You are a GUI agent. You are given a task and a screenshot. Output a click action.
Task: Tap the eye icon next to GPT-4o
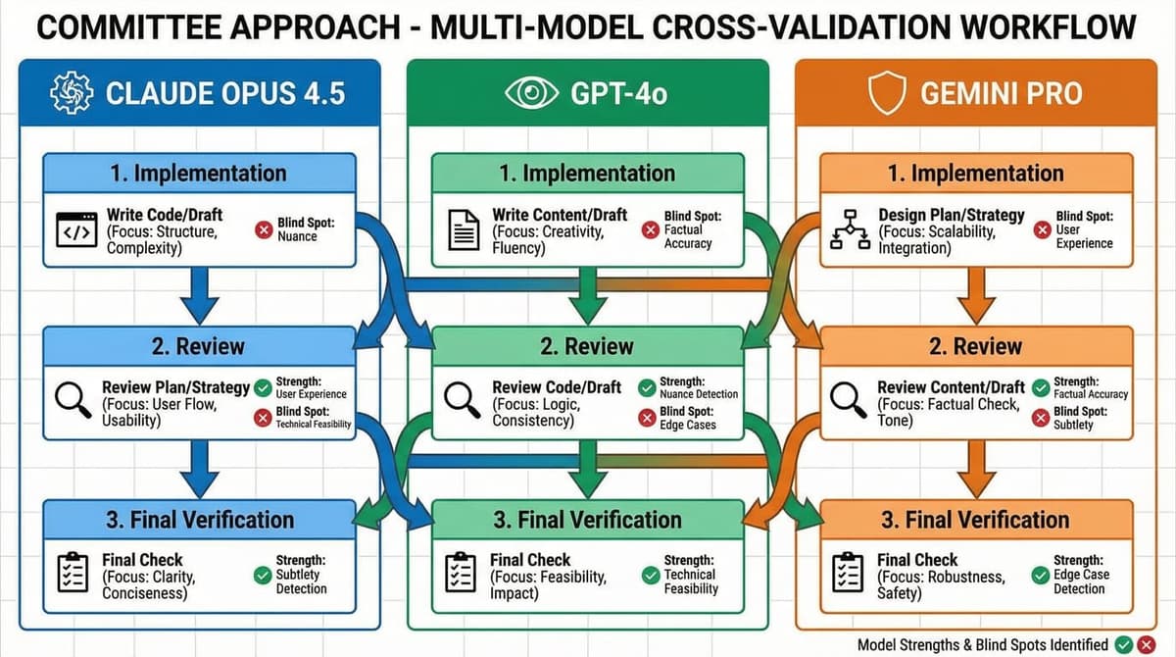click(530, 94)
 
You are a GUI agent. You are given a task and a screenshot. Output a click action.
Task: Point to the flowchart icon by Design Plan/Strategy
click(847, 229)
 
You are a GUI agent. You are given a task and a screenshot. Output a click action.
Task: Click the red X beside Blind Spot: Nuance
click(263, 230)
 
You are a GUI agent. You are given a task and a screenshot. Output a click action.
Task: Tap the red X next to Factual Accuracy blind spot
click(649, 230)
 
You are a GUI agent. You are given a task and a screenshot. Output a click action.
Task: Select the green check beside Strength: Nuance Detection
click(646, 388)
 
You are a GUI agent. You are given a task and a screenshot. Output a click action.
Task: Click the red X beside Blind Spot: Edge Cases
click(646, 418)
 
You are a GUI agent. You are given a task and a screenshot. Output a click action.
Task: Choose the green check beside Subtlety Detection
click(262, 575)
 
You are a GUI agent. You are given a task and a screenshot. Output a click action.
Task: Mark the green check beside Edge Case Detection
click(1040, 575)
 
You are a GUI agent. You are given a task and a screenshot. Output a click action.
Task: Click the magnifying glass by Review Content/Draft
click(846, 399)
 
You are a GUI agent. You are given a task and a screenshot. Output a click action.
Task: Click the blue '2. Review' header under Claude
click(199, 346)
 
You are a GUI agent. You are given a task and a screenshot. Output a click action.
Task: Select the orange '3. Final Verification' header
click(976, 520)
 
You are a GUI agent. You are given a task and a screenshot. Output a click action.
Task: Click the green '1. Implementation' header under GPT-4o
click(587, 174)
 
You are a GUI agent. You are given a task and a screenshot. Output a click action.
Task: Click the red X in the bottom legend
click(1147, 644)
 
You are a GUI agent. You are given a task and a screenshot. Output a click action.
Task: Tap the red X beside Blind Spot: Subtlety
click(1040, 418)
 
